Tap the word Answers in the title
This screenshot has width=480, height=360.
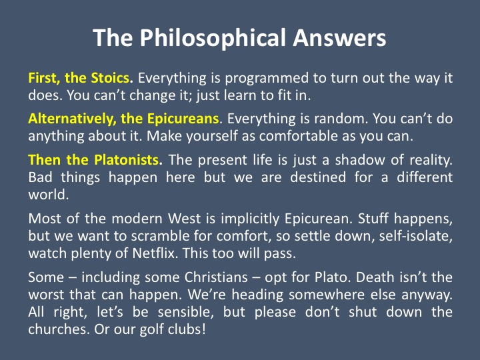pos(340,37)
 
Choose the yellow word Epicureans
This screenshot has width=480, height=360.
pos(183,119)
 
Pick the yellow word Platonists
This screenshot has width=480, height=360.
pos(127,160)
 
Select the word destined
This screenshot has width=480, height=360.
pos(318,177)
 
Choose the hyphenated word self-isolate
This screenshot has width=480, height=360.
pos(416,236)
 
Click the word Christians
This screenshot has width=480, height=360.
pos(216,277)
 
